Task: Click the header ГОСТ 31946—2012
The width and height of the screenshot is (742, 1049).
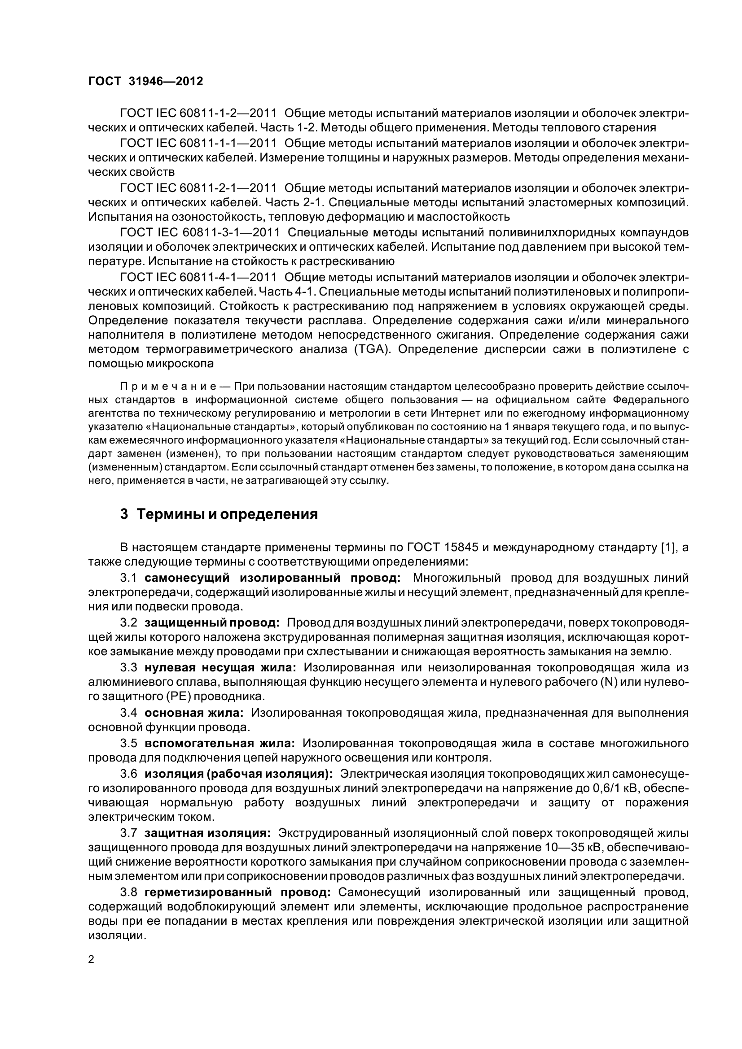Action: [145, 81]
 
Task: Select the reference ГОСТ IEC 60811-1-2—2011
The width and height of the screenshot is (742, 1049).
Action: [198, 113]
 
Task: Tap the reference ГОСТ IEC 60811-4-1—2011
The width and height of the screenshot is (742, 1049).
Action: [198, 277]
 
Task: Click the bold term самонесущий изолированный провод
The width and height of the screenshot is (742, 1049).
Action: [272, 578]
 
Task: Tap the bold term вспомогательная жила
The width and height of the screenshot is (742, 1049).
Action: [220, 743]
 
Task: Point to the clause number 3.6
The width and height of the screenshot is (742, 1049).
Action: [128, 774]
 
